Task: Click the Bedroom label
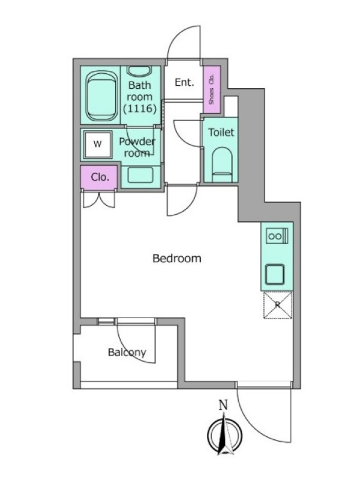tap(177, 259)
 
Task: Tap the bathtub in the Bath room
tap(102, 96)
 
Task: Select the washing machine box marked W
tap(98, 144)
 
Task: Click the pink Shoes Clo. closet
tap(212, 89)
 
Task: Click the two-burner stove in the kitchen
tap(277, 236)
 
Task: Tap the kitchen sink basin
tap(275, 274)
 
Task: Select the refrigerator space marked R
tap(278, 305)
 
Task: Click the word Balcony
tap(127, 352)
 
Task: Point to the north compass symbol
tap(224, 434)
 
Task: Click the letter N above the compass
tap(223, 405)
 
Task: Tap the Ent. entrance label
tap(185, 82)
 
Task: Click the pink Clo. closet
tap(99, 178)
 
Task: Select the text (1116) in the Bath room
tap(140, 109)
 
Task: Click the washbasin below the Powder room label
tap(140, 175)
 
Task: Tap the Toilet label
tap(221, 132)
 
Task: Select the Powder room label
tap(137, 147)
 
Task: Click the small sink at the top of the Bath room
tap(139, 71)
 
